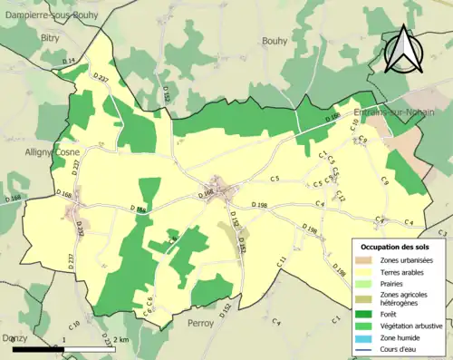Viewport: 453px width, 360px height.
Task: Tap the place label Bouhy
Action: pyautogui.click(x=274, y=41)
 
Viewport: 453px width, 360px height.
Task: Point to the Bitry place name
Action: pyautogui.click(x=50, y=38)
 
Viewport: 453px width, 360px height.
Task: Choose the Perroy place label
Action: pyautogui.click(x=199, y=323)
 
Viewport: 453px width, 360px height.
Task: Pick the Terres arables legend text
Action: pyautogui.click(x=402, y=271)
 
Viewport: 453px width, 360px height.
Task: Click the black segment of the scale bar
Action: pyautogui.click(x=36, y=349)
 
